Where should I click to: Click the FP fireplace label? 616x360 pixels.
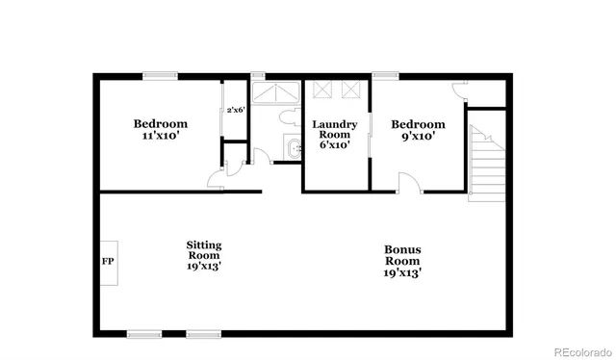[107, 262]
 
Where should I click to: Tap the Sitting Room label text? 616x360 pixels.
[203, 255]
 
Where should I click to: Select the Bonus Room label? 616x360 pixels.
[401, 261]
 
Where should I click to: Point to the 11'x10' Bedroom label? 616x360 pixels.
[160, 130]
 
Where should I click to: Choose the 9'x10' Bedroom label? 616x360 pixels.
[418, 130]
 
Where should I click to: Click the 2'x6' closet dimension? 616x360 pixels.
[235, 111]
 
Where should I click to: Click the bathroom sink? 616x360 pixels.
[295, 148]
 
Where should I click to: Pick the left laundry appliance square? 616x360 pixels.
[322, 90]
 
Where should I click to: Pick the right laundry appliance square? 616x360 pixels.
[350, 90]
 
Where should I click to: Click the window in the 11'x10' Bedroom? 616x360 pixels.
[160, 76]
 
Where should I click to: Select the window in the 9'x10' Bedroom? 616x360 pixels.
[387, 76]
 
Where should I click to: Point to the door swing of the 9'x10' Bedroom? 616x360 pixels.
[408, 183]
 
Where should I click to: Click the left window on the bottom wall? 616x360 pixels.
[143, 334]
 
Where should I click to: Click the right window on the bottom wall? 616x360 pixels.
[203, 334]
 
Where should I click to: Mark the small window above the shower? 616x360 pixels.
[258, 76]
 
